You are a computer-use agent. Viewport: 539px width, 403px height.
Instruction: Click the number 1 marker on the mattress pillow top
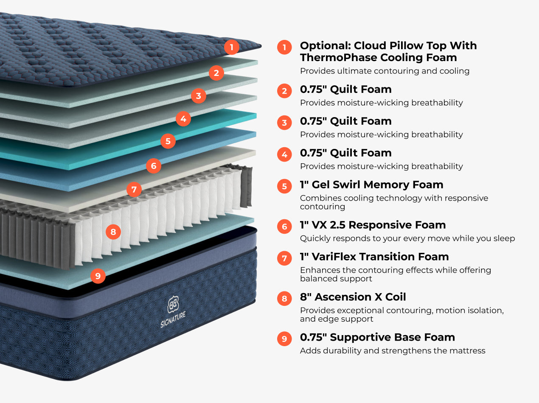231,47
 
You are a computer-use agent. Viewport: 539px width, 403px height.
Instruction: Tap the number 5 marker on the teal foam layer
168,141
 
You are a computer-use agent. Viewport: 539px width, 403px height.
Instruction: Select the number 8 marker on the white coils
113,232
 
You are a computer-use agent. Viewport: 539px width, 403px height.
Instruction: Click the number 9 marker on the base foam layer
98,276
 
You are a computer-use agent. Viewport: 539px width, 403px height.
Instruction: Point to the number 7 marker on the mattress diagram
134,189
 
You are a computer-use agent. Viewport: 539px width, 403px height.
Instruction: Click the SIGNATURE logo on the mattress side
173,312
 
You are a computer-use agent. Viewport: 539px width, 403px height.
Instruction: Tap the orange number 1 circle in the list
284,47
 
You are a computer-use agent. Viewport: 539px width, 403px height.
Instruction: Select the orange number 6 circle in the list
284,227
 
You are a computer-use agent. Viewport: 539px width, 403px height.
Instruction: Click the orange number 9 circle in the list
284,339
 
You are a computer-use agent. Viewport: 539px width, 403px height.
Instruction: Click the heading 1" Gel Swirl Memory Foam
371,185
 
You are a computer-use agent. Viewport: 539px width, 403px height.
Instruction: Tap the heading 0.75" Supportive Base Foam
377,337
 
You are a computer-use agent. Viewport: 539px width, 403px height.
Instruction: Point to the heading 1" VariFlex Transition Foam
374,257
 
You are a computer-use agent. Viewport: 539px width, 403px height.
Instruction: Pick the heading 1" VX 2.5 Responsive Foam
373,225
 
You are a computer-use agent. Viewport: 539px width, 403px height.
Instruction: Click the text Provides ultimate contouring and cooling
385,71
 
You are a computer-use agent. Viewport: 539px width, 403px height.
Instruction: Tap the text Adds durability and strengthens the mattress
393,351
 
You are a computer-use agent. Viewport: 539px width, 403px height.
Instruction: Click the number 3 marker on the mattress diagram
199,96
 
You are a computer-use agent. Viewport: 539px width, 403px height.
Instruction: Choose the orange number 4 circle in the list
284,154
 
